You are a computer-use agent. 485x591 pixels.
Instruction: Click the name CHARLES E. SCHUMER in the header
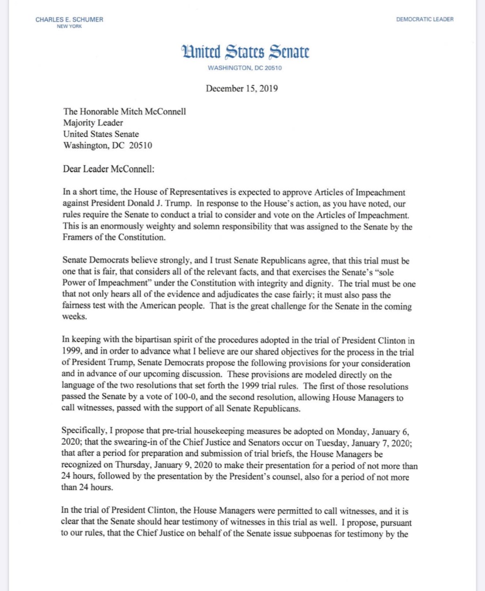(69, 19)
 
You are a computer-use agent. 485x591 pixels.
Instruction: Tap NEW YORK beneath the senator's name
(69, 26)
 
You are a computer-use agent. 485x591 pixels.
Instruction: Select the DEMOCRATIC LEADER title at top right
(425, 19)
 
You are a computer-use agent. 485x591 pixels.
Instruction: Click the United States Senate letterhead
(245, 52)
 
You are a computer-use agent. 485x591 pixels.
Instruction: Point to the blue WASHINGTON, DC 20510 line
(245, 68)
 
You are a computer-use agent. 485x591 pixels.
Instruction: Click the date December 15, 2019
(242, 88)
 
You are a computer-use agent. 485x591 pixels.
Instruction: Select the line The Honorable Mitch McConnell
(124, 112)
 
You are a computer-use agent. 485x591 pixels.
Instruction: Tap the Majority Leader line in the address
(93, 123)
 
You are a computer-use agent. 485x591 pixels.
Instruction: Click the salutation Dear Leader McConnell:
(108, 169)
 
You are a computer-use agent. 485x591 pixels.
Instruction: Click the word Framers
(77, 237)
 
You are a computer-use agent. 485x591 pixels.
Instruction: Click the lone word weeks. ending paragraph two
(75, 317)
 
